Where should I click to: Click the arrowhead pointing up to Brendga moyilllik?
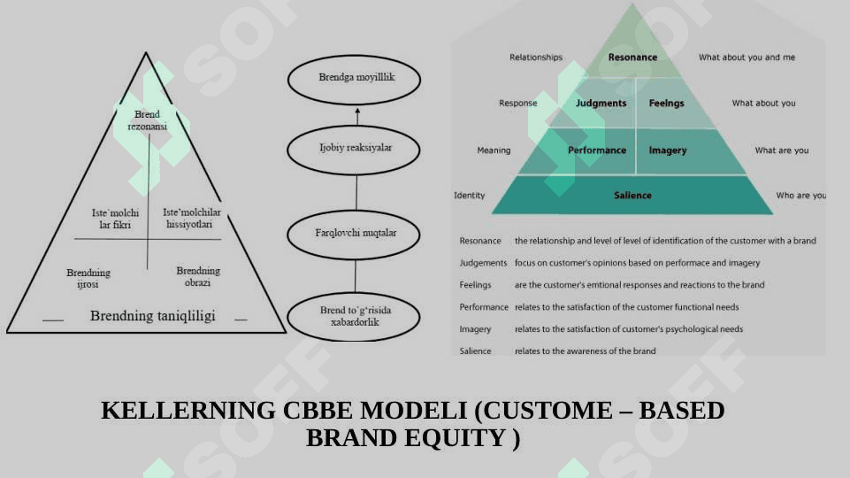coord(357,112)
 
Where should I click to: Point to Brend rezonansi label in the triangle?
coord(147,120)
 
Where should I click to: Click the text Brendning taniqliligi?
coord(152,316)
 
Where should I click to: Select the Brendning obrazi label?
coord(198,276)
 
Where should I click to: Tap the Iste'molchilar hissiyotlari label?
coord(192,218)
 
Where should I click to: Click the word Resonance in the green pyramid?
coord(632,58)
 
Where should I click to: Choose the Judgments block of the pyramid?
coord(601,104)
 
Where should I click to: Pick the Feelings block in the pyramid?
coord(667,104)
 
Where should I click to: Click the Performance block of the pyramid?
coord(596,150)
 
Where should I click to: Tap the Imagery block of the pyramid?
coord(668,150)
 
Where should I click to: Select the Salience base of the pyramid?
coord(632,196)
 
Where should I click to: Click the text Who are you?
coord(800,196)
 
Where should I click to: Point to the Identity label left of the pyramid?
coord(470,196)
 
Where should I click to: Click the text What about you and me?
coord(747,58)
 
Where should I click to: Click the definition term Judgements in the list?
coord(483,263)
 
